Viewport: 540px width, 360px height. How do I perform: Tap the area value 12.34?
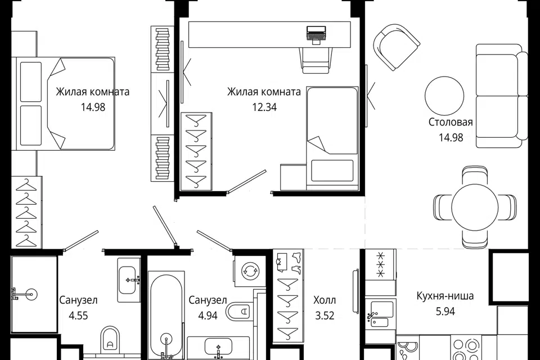[264, 107]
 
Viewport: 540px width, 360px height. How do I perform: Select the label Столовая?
[451, 122]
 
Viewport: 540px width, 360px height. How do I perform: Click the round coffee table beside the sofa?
[444, 96]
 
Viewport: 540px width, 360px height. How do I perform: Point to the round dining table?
[475, 206]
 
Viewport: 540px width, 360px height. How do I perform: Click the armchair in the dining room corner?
[397, 47]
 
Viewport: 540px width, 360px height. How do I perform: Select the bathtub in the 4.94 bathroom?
[166, 315]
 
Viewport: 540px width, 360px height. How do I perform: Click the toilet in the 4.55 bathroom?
[110, 339]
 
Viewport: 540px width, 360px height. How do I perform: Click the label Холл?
[325, 300]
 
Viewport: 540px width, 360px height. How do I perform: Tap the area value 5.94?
[445, 311]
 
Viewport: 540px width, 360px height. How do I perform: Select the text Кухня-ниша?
[445, 296]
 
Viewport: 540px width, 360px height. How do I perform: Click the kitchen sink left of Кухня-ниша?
[380, 314]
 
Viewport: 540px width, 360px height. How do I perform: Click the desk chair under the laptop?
[316, 59]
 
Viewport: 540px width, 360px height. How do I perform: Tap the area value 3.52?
[325, 315]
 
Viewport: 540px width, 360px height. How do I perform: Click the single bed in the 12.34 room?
[332, 138]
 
